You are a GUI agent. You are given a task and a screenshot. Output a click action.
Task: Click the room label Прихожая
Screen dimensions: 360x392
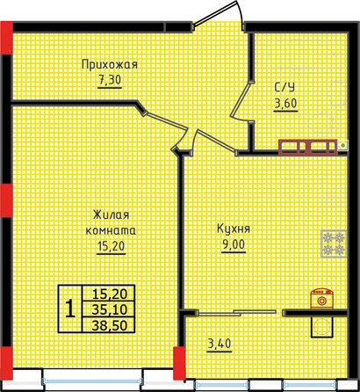pyautogui.click(x=110, y=65)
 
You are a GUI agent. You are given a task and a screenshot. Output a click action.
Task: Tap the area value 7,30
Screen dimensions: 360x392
pyautogui.click(x=110, y=80)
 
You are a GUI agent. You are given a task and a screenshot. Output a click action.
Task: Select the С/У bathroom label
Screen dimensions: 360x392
pyautogui.click(x=284, y=88)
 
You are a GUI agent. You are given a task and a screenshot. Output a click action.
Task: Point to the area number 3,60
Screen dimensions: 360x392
pyautogui.click(x=285, y=104)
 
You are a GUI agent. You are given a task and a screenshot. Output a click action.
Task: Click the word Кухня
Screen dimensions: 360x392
pyautogui.click(x=234, y=229)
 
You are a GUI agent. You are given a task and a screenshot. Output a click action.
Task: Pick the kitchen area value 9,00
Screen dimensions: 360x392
pyautogui.click(x=234, y=244)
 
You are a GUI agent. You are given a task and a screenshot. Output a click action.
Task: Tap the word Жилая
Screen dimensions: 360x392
pyautogui.click(x=111, y=215)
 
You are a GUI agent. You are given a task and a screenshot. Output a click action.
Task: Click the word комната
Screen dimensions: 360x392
pyautogui.click(x=111, y=230)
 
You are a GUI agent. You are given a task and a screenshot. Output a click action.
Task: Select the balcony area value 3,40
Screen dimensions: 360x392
pyautogui.click(x=220, y=344)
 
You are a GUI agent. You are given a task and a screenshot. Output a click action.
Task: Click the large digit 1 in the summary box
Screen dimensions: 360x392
pyautogui.click(x=70, y=309)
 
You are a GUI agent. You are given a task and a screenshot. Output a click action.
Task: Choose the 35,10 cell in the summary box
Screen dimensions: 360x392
pyautogui.click(x=109, y=309)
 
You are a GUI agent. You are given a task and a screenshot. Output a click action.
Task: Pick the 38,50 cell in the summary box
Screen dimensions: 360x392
pyautogui.click(x=109, y=325)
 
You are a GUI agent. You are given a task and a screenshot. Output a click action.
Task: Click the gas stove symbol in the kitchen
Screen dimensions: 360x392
pyautogui.click(x=334, y=243)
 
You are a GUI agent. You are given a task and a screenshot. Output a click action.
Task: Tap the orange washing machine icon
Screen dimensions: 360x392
pyautogui.click(x=322, y=298)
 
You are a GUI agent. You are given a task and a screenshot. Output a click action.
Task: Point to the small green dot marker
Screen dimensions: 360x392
pyautogui.click(x=343, y=144)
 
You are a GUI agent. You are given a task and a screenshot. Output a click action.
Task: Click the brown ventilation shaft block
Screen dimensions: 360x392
pyautogui.click(x=307, y=147)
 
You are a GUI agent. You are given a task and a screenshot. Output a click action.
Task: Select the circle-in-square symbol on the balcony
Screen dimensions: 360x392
pyautogui.click(x=322, y=327)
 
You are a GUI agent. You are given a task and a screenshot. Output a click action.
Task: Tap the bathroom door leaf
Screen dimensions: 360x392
pyautogui.click(x=240, y=99)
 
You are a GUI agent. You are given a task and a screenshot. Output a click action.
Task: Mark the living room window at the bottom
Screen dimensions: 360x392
pyautogui.click(x=92, y=381)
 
